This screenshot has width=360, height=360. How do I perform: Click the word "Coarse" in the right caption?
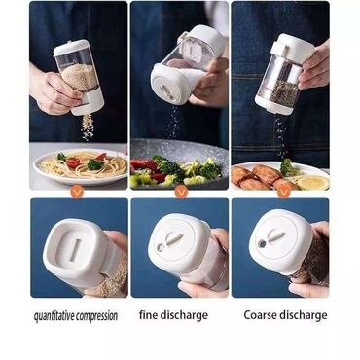(260, 315)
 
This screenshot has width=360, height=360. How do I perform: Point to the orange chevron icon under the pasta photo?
(77, 193)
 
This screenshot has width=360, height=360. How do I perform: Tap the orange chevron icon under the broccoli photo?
(181, 193)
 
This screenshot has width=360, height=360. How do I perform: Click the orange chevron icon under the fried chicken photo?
(283, 193)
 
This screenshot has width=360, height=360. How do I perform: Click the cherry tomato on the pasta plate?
(73, 162)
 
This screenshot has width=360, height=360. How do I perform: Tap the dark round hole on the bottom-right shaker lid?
(262, 244)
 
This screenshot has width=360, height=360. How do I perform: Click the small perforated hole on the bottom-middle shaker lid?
(160, 248)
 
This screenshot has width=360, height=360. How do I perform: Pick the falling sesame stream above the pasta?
(88, 127)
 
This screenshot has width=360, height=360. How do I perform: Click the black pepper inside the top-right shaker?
(284, 93)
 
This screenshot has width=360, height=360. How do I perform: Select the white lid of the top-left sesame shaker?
(70, 48)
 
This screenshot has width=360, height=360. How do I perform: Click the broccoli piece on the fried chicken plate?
(288, 167)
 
